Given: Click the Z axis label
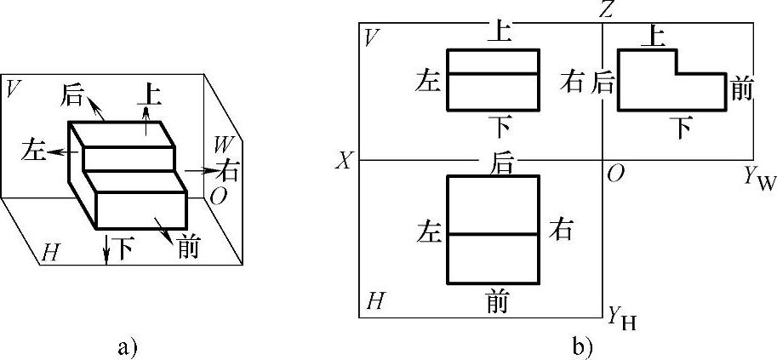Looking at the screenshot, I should (x=606, y=10).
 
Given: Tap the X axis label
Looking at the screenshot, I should (x=343, y=161).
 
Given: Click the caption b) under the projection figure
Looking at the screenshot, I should (x=583, y=346).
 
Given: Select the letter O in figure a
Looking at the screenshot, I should (x=219, y=196).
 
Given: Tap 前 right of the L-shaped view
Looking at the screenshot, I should (x=742, y=88).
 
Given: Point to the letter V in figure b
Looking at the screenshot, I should (x=370, y=37).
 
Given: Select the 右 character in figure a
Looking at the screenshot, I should (x=226, y=170).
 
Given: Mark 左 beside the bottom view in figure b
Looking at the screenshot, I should (x=428, y=231).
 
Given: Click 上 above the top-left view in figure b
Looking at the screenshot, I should (x=499, y=32).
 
